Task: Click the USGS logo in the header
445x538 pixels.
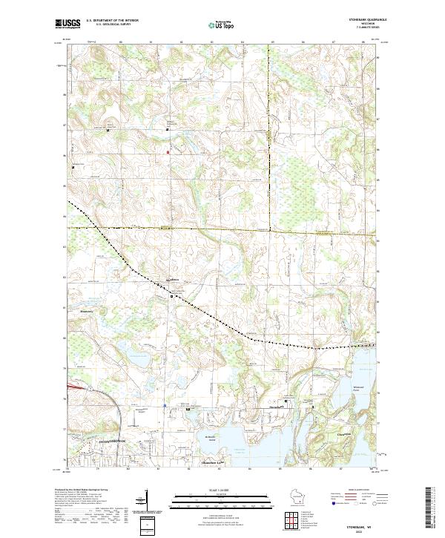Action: (67, 24)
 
